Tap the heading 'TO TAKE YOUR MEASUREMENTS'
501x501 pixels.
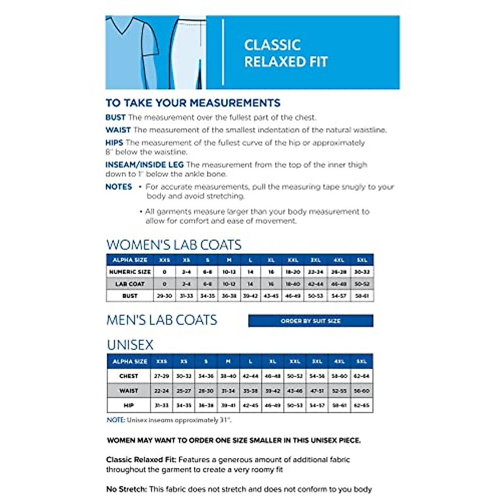pyautogui.click(x=193, y=103)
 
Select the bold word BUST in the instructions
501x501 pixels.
pyautogui.click(x=115, y=118)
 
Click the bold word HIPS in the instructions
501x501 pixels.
pyautogui.click(x=114, y=143)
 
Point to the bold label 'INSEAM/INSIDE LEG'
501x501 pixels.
pyautogui.click(x=144, y=165)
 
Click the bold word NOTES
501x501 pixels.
pyautogui.click(x=119, y=187)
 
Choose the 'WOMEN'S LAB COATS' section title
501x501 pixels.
pyautogui.click(x=174, y=245)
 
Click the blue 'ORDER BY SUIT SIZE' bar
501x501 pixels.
pyautogui.click(x=311, y=321)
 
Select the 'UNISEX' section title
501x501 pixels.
pyautogui.click(x=130, y=345)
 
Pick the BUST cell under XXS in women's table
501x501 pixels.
pyautogui.click(x=164, y=296)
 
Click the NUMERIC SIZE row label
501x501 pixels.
pyautogui.click(x=130, y=272)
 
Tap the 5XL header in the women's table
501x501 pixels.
pyautogui.click(x=362, y=260)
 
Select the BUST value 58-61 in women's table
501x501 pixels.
pyautogui.click(x=362, y=296)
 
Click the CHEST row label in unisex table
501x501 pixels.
pyautogui.click(x=129, y=376)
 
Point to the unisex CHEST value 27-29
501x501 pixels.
pyautogui.click(x=162, y=376)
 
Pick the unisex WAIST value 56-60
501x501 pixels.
pyautogui.click(x=362, y=391)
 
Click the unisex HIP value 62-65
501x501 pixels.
pyautogui.click(x=362, y=405)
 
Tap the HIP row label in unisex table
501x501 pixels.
pyautogui.click(x=129, y=405)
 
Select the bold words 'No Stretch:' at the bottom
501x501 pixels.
pyautogui.click(x=126, y=489)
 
